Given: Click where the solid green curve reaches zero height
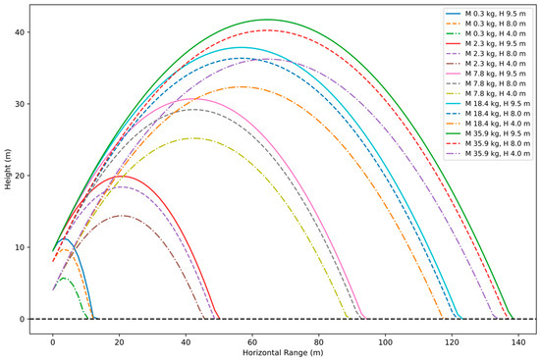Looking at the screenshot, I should tap(512, 319).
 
